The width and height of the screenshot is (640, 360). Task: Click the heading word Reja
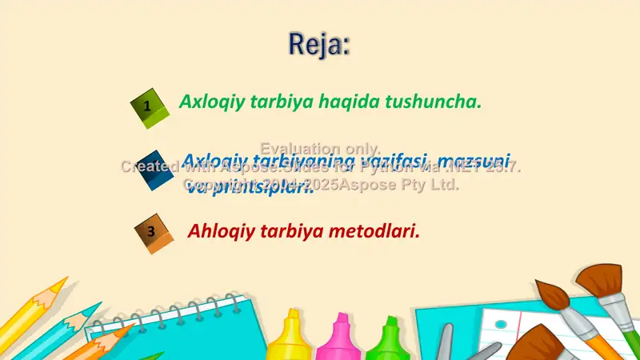[x=318, y=44]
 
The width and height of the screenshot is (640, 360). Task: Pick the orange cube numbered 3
[x=154, y=233]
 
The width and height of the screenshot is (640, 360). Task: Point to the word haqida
[x=349, y=102]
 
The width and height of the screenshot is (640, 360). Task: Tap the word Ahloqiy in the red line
[x=218, y=231]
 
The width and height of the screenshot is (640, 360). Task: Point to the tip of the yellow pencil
[x=64, y=282]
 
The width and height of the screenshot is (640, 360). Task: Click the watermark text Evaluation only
[x=320, y=148]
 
